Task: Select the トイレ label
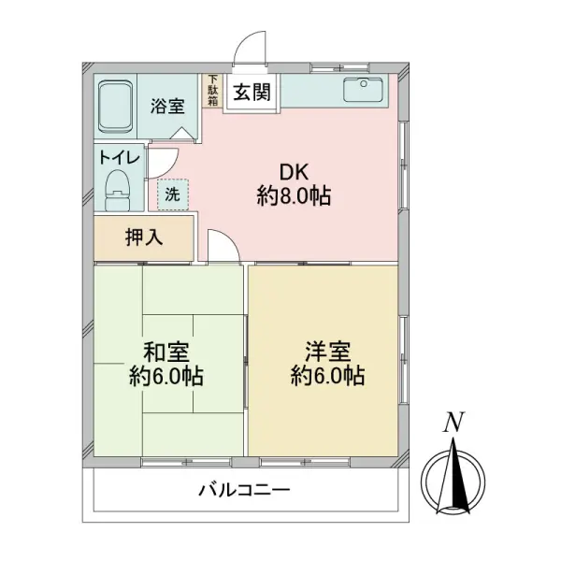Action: tap(119, 157)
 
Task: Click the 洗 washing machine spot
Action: tap(173, 194)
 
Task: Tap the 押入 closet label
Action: tap(144, 237)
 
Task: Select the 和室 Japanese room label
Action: tap(166, 353)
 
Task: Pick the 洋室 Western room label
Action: tap(327, 352)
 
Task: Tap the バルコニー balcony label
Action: tap(245, 490)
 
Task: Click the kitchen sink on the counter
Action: tap(361, 91)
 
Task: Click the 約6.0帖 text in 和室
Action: tap(166, 378)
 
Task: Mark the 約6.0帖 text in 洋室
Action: tap(327, 377)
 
